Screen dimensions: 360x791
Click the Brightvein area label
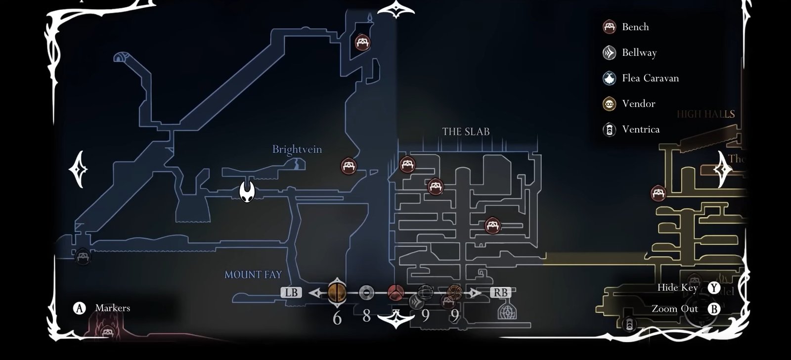[x=297, y=149]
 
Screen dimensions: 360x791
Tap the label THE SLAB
[x=466, y=132]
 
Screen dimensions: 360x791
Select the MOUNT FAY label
[x=253, y=274]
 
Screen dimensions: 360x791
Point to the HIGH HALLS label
[x=705, y=114]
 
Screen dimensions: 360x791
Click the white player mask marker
[x=247, y=191]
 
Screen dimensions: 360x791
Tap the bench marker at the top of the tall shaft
[x=363, y=42]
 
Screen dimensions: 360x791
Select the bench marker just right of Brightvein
[x=349, y=166]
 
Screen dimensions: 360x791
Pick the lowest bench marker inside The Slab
[x=492, y=226]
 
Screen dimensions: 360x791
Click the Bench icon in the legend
[x=609, y=27]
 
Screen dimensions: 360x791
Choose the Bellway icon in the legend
[x=609, y=52]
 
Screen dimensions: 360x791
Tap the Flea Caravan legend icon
[x=609, y=78]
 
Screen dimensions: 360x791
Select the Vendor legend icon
[x=609, y=104]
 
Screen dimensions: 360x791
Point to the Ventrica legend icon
[x=609, y=130]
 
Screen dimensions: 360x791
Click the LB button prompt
[x=291, y=292]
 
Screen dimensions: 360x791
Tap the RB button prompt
[x=500, y=292]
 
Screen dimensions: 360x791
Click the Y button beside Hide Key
[x=713, y=288]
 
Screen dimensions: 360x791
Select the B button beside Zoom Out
[x=713, y=309]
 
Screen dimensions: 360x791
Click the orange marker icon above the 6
[x=337, y=292]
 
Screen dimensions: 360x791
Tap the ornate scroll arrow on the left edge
[x=79, y=169]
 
